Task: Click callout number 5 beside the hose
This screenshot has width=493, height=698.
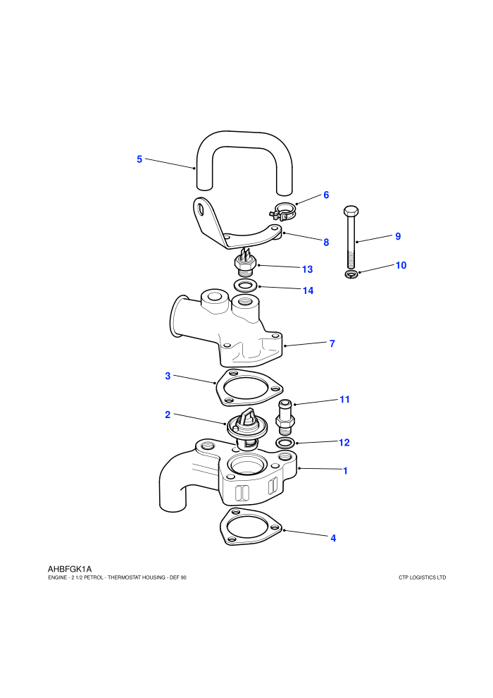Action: click(139, 159)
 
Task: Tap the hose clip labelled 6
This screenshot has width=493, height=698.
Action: click(282, 211)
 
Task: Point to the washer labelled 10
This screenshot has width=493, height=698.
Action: click(351, 274)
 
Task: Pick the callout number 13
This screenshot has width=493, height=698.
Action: click(307, 269)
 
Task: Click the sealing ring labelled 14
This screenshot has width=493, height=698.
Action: click(245, 285)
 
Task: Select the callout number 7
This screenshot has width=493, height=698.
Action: click(332, 343)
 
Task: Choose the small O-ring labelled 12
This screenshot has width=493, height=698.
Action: click(285, 443)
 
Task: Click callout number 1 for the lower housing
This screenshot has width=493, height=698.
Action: click(345, 470)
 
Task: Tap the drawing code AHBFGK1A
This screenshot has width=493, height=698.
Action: click(70, 569)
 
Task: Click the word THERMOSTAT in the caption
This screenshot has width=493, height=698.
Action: click(123, 577)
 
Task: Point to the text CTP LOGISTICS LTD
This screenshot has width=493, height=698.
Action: click(423, 577)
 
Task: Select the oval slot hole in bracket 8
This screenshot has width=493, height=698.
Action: click(202, 209)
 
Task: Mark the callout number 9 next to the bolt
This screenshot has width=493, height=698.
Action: click(398, 236)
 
